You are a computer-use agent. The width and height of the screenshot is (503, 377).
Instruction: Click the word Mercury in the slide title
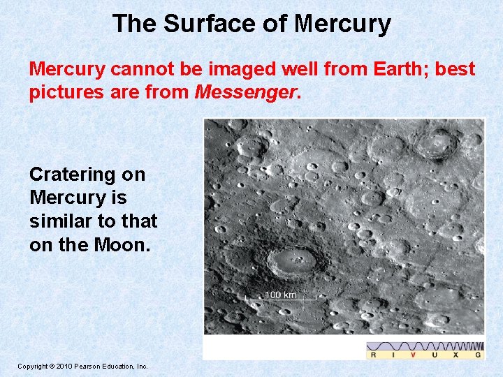(342, 24)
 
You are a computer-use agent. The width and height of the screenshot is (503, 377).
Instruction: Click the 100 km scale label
(280, 294)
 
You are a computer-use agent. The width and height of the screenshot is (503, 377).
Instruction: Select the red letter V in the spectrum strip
(412, 355)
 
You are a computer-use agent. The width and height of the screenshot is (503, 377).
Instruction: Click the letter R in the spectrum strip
(373, 355)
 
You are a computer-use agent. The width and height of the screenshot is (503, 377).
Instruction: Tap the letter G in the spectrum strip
(477, 355)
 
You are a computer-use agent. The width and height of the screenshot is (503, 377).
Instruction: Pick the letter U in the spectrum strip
(434, 355)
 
